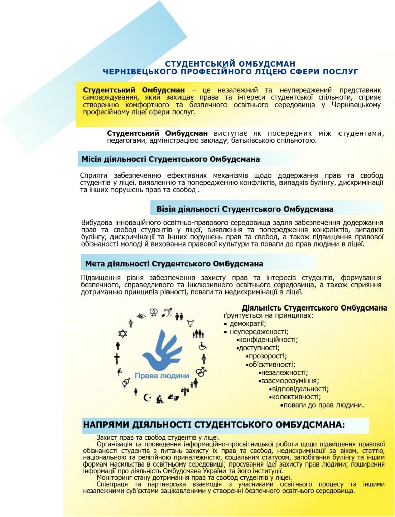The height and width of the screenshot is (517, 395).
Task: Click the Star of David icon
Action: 122,333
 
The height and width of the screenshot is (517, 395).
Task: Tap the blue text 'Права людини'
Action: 161,376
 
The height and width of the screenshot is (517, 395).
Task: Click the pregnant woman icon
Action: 204,358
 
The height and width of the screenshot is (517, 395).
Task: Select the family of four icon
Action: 198,334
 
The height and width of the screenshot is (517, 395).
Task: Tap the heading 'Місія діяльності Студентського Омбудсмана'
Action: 171,159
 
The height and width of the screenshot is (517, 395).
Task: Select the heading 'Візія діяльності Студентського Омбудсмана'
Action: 245,209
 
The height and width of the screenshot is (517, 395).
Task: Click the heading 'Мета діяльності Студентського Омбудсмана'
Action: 174,264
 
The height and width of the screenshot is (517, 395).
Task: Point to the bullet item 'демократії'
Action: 248,323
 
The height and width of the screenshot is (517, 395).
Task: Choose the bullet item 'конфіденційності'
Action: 268,339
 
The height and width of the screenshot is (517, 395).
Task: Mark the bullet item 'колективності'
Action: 290,397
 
